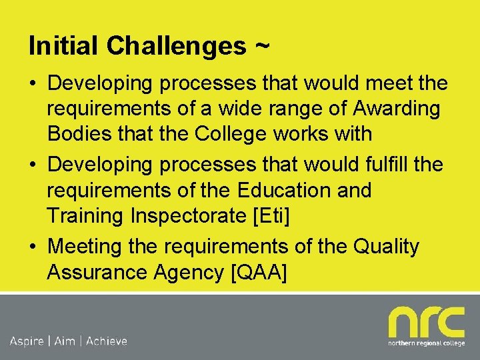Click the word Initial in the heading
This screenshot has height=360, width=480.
pos(64,46)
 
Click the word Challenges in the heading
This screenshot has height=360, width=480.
pos(176,46)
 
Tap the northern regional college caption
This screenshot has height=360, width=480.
pos(426,344)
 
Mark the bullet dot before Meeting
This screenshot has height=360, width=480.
pos(33,247)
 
